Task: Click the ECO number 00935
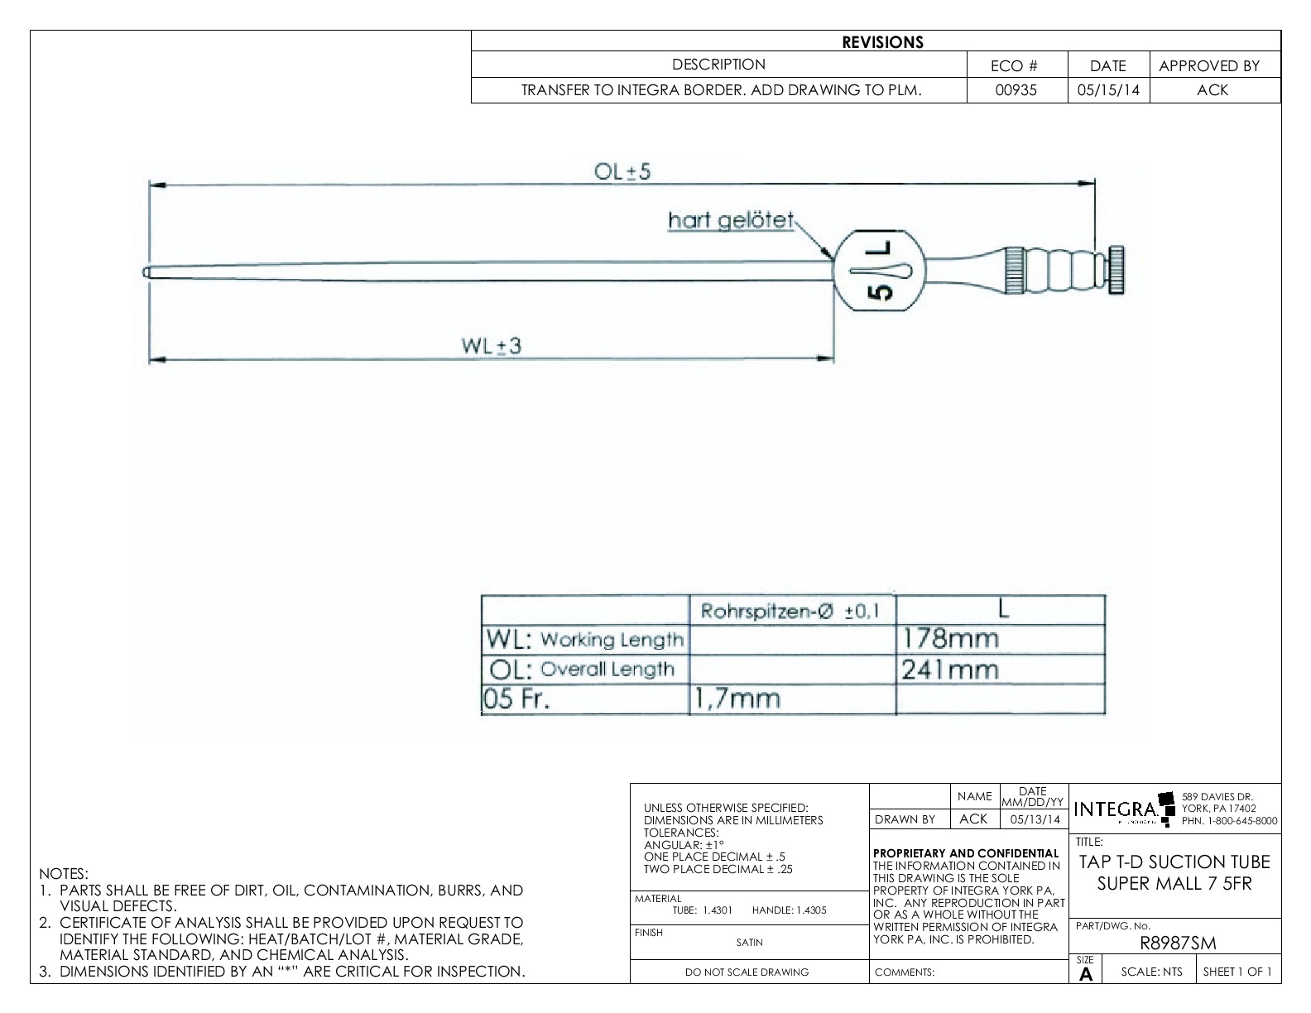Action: (1016, 90)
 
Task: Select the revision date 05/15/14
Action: (1107, 90)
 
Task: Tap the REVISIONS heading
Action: (882, 42)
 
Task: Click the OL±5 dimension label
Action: (622, 171)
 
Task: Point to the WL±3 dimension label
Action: (492, 346)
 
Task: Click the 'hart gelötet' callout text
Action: (731, 221)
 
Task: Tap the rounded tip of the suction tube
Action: (146, 271)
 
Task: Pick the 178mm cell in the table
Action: (949, 639)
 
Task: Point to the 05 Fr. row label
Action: (516, 699)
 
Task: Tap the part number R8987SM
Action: (1178, 943)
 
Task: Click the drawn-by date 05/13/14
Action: (1034, 819)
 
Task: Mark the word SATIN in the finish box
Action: (749, 942)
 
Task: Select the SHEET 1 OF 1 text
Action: (1237, 972)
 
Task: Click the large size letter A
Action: (1086, 975)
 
